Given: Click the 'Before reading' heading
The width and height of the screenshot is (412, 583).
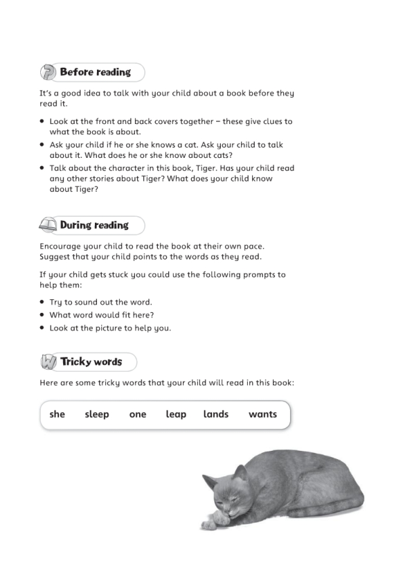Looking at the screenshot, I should click(95, 72).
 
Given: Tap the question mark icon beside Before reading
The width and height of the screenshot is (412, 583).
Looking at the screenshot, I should click(48, 72).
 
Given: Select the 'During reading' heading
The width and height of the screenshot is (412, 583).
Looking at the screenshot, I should click(94, 225).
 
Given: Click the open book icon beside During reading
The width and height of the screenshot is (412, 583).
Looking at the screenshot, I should click(48, 225).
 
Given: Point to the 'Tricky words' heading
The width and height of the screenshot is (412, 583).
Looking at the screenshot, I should click(91, 361).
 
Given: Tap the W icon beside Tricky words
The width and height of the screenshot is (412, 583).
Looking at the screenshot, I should click(48, 362).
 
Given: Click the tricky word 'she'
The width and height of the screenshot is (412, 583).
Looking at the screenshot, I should click(57, 414).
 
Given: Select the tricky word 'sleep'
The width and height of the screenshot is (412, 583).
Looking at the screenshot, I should click(97, 414).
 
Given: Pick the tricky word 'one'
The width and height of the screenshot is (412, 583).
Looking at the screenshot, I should click(138, 414).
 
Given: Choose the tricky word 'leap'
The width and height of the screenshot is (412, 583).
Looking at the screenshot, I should click(176, 414).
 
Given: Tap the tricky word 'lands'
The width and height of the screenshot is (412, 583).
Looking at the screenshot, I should click(216, 414).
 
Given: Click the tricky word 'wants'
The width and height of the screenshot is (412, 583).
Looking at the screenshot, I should click(262, 414).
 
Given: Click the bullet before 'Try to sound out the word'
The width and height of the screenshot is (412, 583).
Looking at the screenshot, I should click(43, 302).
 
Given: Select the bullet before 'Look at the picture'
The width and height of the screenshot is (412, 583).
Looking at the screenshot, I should click(43, 328).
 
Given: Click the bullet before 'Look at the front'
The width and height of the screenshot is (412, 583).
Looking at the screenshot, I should click(43, 121).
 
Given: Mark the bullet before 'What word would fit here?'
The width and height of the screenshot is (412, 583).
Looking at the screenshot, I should click(43, 315).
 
